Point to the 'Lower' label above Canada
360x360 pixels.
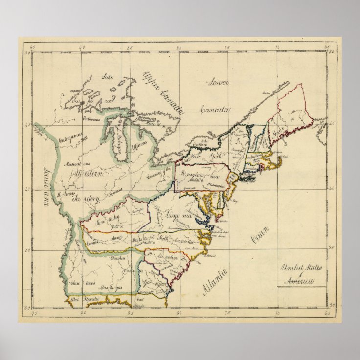[217, 82]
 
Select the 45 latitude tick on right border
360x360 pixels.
[332, 125]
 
